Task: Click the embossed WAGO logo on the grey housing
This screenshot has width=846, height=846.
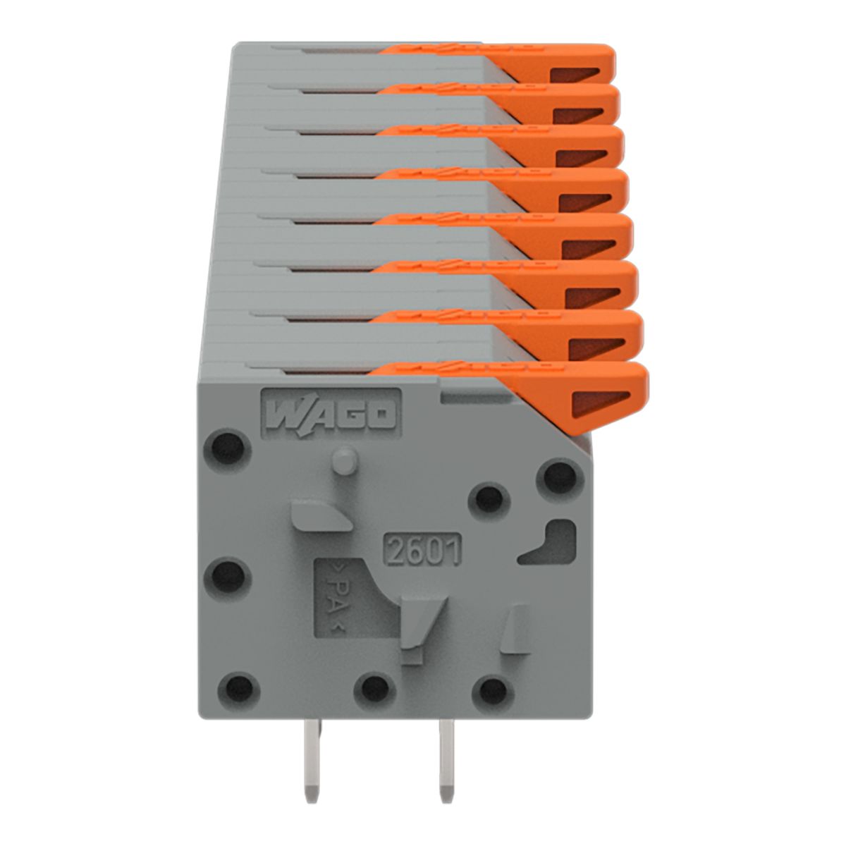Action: coord(331,414)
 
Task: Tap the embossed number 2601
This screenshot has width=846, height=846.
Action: coord(422,548)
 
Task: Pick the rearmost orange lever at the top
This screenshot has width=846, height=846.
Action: coord(527,61)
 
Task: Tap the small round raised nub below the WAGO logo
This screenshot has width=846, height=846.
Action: coord(345,461)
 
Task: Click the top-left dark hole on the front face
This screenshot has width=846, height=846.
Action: coord(228,448)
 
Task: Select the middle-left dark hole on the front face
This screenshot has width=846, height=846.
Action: coord(228,575)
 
